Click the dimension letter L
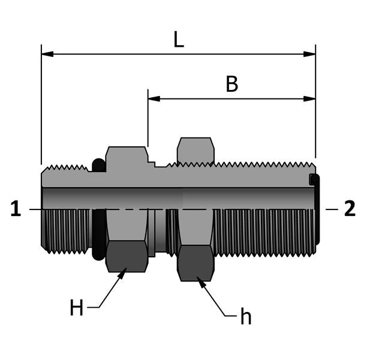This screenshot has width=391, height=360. (x=178, y=40)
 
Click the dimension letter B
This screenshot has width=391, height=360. (x=231, y=85)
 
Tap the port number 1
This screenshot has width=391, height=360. (x=16, y=209)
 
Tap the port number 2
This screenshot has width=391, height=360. (x=350, y=209)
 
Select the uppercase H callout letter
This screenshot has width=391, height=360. (x=76, y=308)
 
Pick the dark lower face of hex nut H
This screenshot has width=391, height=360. (x=127, y=256)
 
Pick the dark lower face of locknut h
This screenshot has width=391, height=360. (x=195, y=262)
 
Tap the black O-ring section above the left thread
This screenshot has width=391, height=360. (x=98, y=165)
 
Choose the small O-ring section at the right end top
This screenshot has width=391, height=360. (x=313, y=179)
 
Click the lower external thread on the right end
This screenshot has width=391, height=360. (x=264, y=231)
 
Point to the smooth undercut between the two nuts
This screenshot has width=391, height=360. (x=160, y=231)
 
